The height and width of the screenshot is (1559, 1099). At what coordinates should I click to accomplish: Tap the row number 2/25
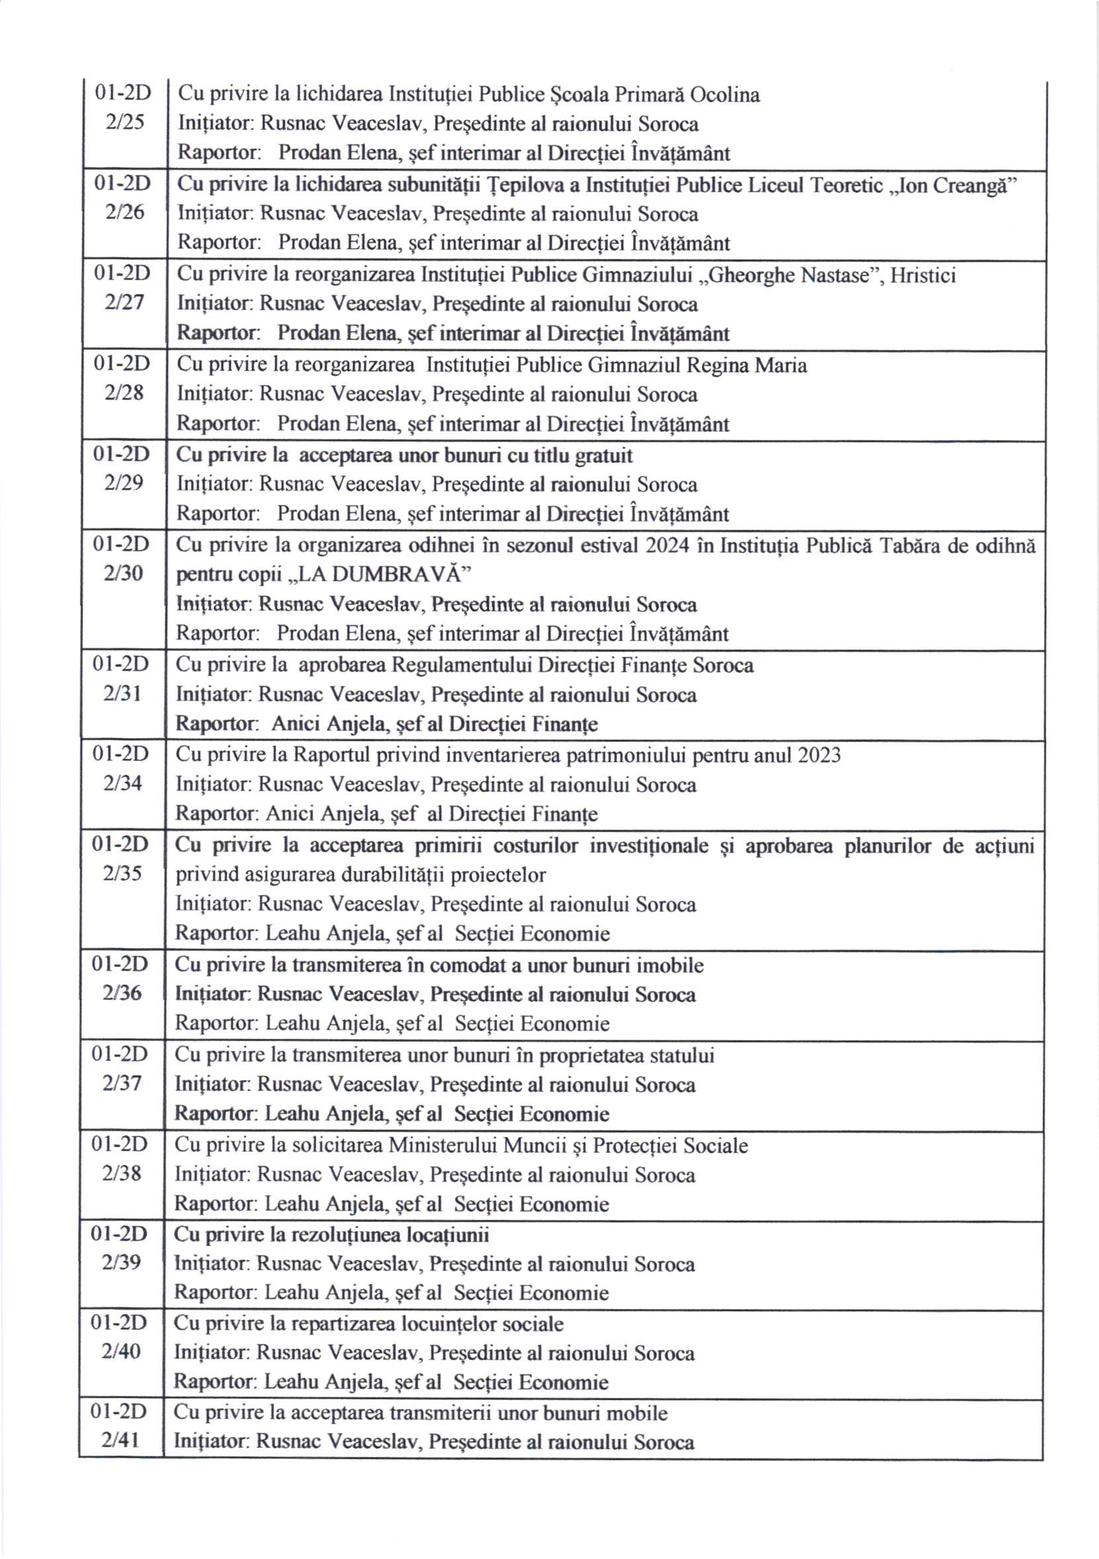(125, 123)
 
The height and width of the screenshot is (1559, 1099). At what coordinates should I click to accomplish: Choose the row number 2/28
(124, 393)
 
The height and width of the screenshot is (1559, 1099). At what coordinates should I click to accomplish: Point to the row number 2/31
(123, 693)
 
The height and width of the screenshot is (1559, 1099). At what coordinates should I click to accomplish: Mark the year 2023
(819, 755)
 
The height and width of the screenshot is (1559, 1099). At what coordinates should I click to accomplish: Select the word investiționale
(649, 846)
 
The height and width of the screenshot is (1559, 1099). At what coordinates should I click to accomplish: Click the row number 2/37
(122, 1083)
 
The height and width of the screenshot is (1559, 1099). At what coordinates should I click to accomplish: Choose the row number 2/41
(121, 1442)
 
